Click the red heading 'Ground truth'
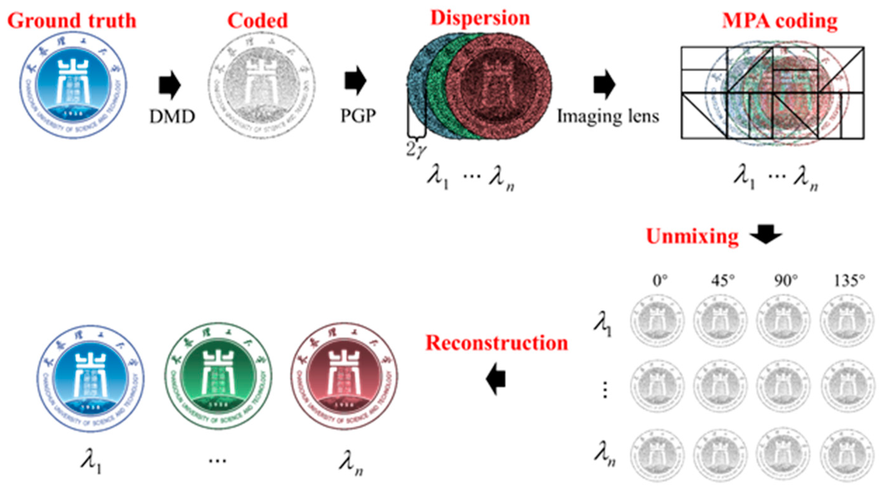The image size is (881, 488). pyautogui.click(x=72, y=20)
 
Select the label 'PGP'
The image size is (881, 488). pyautogui.click(x=358, y=116)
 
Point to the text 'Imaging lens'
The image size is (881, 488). pyautogui.click(x=608, y=116)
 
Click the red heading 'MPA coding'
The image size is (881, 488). pyautogui.click(x=780, y=21)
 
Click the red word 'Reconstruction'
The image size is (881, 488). pyautogui.click(x=496, y=343)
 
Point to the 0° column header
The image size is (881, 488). pyautogui.click(x=660, y=281)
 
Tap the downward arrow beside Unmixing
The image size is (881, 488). pyautogui.click(x=766, y=234)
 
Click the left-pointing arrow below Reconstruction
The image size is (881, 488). pyautogui.click(x=496, y=379)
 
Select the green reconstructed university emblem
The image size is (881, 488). pyautogui.click(x=218, y=376)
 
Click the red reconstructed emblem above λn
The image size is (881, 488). pyautogui.click(x=345, y=376)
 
